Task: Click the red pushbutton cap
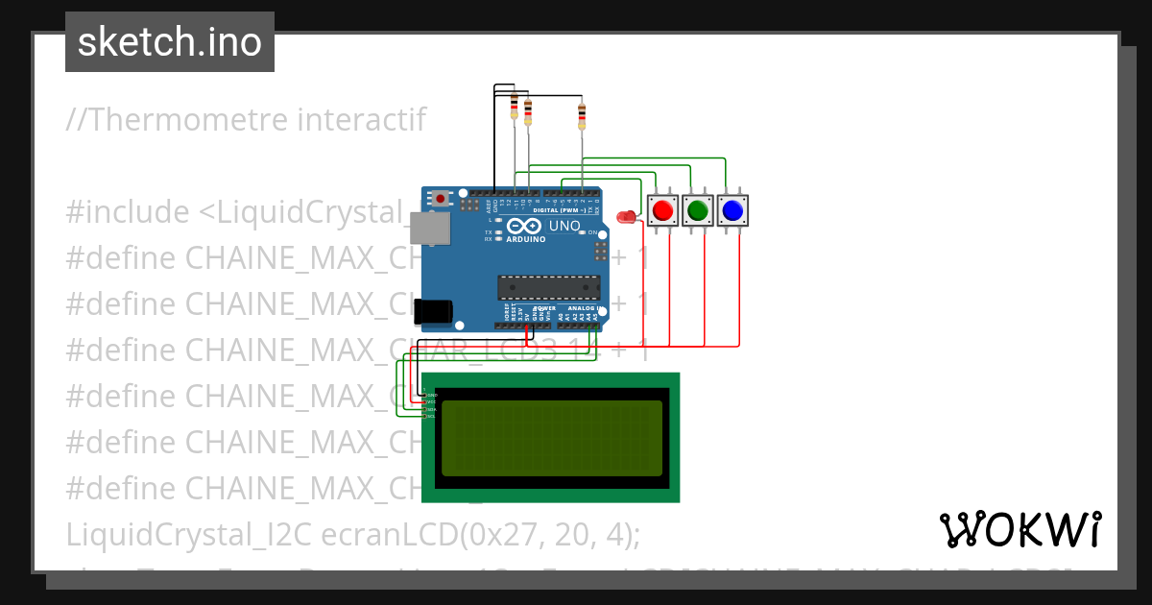661,209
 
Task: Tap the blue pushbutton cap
732,209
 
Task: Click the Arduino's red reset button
441,199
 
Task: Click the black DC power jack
433,311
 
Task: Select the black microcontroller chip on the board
548,287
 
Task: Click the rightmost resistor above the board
581,116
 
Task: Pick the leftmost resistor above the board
515,107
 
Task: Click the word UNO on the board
564,227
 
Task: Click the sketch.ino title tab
170,42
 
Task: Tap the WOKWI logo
1020,529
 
